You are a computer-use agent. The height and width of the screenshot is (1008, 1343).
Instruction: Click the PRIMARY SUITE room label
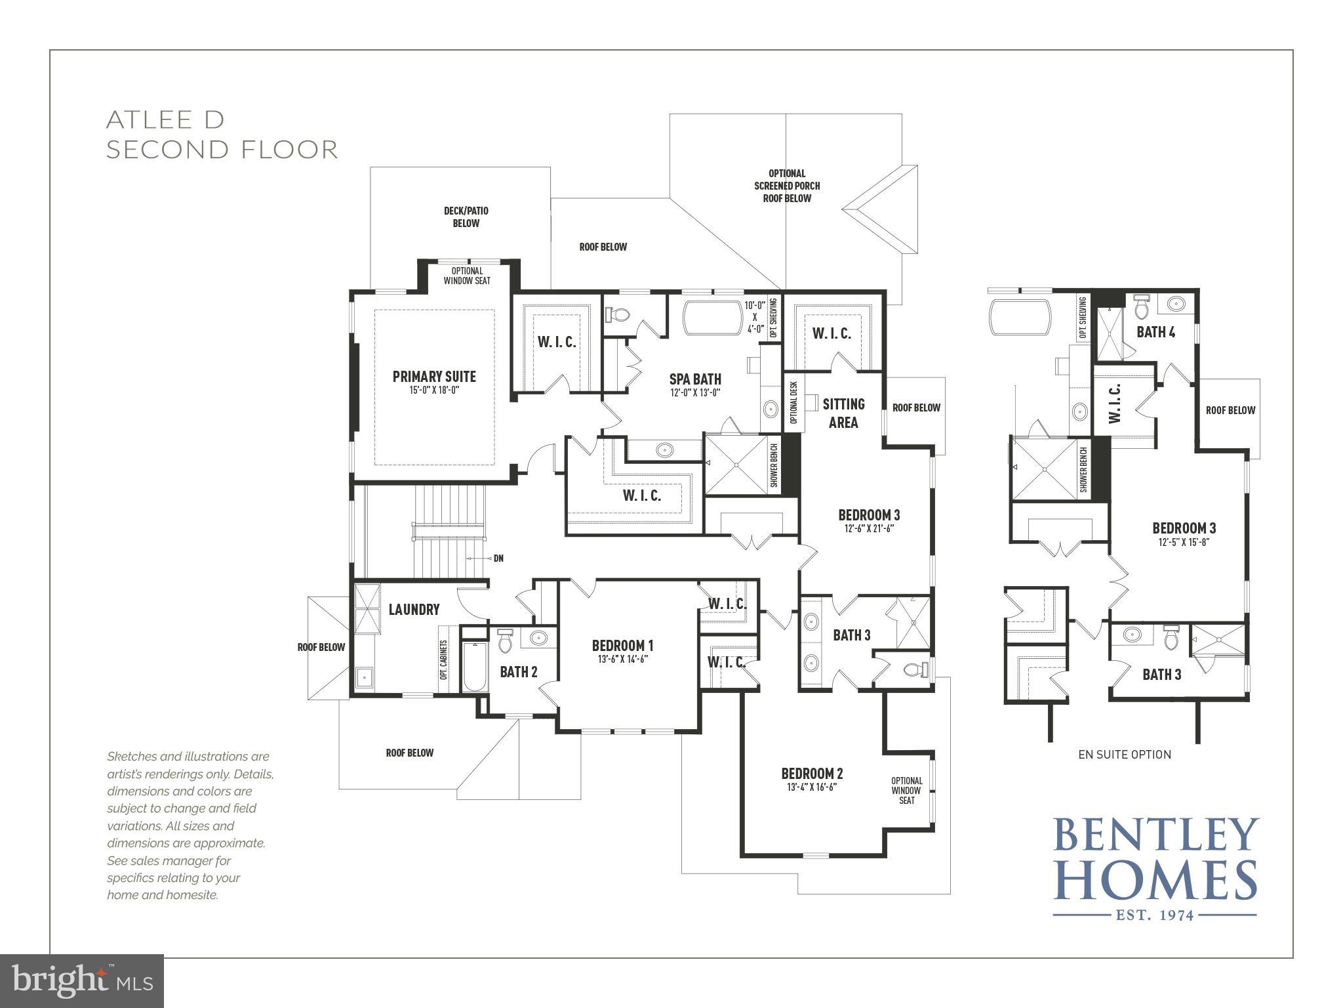tap(434, 377)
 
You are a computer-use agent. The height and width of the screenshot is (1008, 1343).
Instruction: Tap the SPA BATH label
tap(695, 379)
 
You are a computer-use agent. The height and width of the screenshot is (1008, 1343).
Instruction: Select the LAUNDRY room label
tap(414, 610)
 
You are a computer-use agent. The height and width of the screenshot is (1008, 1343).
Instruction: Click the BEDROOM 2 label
tap(812, 774)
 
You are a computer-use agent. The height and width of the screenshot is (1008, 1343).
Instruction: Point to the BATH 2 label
tap(519, 672)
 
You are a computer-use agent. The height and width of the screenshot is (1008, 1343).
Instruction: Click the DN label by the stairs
tap(498, 558)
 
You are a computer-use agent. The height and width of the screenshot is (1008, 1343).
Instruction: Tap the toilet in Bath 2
tap(504, 641)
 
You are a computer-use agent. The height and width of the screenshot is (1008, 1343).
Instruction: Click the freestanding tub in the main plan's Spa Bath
tap(712, 318)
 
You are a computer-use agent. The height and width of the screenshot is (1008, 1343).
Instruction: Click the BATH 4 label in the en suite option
tap(1155, 332)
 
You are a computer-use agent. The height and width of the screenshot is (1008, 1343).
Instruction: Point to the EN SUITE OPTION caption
tap(1125, 755)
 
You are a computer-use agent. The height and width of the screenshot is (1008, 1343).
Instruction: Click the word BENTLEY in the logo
tap(1155, 835)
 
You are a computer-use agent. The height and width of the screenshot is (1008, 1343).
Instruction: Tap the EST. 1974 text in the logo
tap(1155, 915)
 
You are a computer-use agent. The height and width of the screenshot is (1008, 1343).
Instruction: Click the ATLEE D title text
tap(165, 120)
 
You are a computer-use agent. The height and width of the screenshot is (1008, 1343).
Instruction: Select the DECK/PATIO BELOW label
tap(466, 217)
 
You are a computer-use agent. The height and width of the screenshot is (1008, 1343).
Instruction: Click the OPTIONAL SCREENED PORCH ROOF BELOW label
tap(787, 186)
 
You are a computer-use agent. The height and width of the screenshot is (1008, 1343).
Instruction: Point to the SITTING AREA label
tap(843, 413)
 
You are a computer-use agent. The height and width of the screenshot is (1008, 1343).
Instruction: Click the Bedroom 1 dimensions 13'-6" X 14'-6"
tap(622, 660)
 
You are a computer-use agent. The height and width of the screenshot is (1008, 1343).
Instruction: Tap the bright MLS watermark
tap(82, 980)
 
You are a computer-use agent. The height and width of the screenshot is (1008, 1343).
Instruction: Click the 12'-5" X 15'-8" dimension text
tap(1184, 543)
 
